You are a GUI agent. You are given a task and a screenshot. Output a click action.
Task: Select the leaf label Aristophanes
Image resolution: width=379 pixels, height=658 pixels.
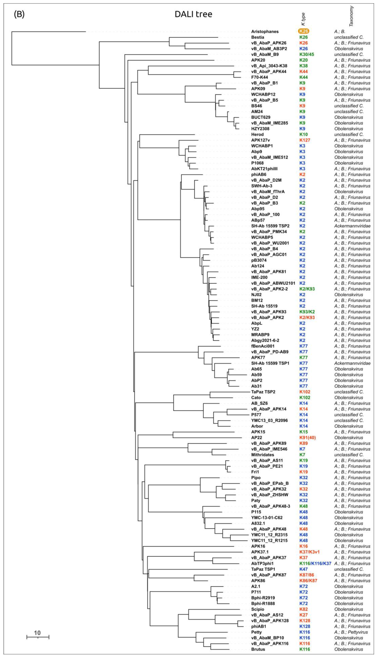(x=265, y=32)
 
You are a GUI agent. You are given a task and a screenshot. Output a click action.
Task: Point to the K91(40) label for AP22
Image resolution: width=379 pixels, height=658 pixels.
(x=307, y=438)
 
